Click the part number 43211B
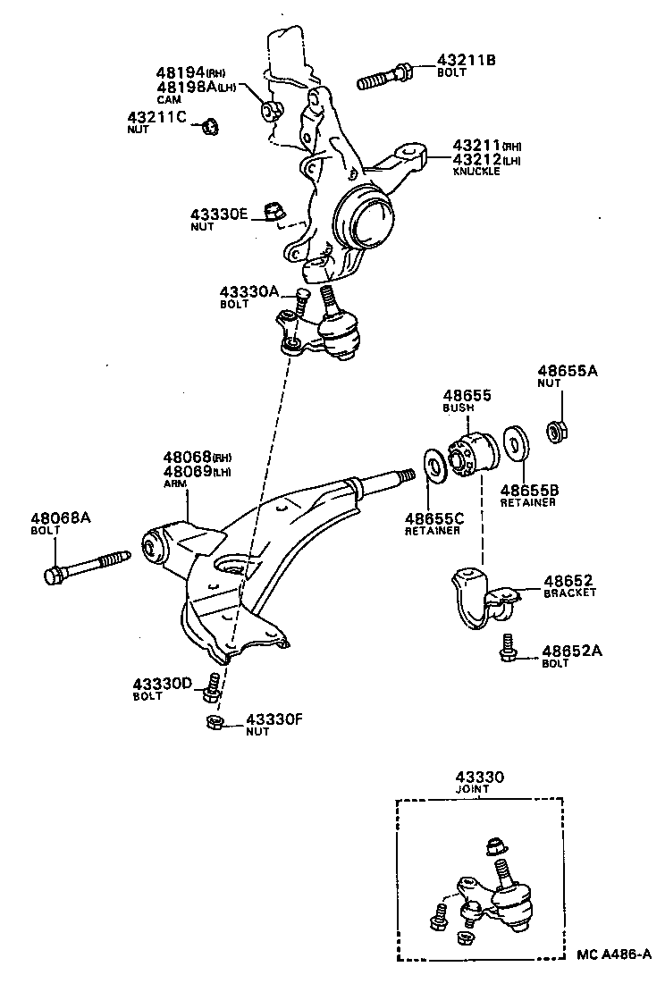(x=466, y=61)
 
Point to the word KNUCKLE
(x=476, y=171)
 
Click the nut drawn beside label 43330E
(x=275, y=212)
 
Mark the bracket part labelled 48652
(x=483, y=596)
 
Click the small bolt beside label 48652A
(x=508, y=648)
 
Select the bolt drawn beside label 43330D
(x=213, y=685)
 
